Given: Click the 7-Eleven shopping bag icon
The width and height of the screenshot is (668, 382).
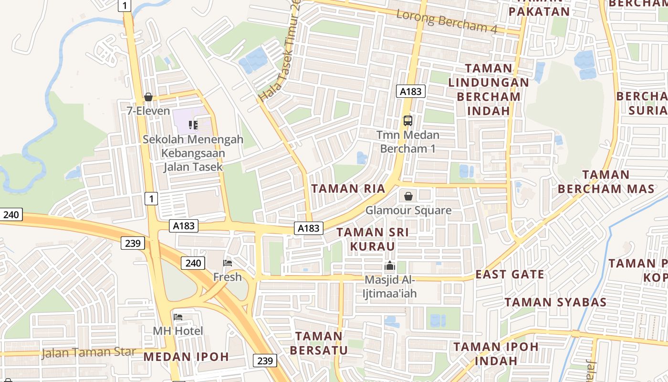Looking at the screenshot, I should click(x=148, y=97).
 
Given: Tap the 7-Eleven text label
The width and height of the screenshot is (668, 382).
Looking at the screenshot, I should click(x=148, y=111).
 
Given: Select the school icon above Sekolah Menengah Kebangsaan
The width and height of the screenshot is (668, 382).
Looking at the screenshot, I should click(x=193, y=125).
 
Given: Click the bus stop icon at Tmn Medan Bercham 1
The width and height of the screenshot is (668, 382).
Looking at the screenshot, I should click(x=407, y=120).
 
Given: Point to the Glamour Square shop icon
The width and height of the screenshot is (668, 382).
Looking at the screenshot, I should click(x=408, y=196).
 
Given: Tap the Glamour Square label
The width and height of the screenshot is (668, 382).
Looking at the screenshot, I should click(x=408, y=210).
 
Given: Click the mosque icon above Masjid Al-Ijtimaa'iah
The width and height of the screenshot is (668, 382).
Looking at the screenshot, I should click(x=390, y=266).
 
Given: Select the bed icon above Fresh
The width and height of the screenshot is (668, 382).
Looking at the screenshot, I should click(x=228, y=263).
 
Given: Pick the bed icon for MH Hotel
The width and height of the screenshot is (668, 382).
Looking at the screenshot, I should click(x=178, y=317).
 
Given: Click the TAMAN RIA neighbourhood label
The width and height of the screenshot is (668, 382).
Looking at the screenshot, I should click(x=348, y=189).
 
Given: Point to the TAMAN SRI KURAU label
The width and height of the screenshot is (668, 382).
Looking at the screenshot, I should click(x=373, y=239).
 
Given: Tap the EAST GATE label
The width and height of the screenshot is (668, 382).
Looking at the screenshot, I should click(x=510, y=275).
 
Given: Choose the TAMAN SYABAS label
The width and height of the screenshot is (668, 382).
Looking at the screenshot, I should click(x=556, y=302).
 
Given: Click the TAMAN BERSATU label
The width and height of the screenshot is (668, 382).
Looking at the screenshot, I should click(x=319, y=343).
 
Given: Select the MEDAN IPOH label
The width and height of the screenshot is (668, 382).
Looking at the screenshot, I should click(x=186, y=357).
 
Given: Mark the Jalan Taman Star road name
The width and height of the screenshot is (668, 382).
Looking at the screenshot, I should click(x=89, y=353).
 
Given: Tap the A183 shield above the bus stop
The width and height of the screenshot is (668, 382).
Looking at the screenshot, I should click(x=410, y=91).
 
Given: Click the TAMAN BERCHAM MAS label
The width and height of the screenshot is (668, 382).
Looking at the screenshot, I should click(x=606, y=181).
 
